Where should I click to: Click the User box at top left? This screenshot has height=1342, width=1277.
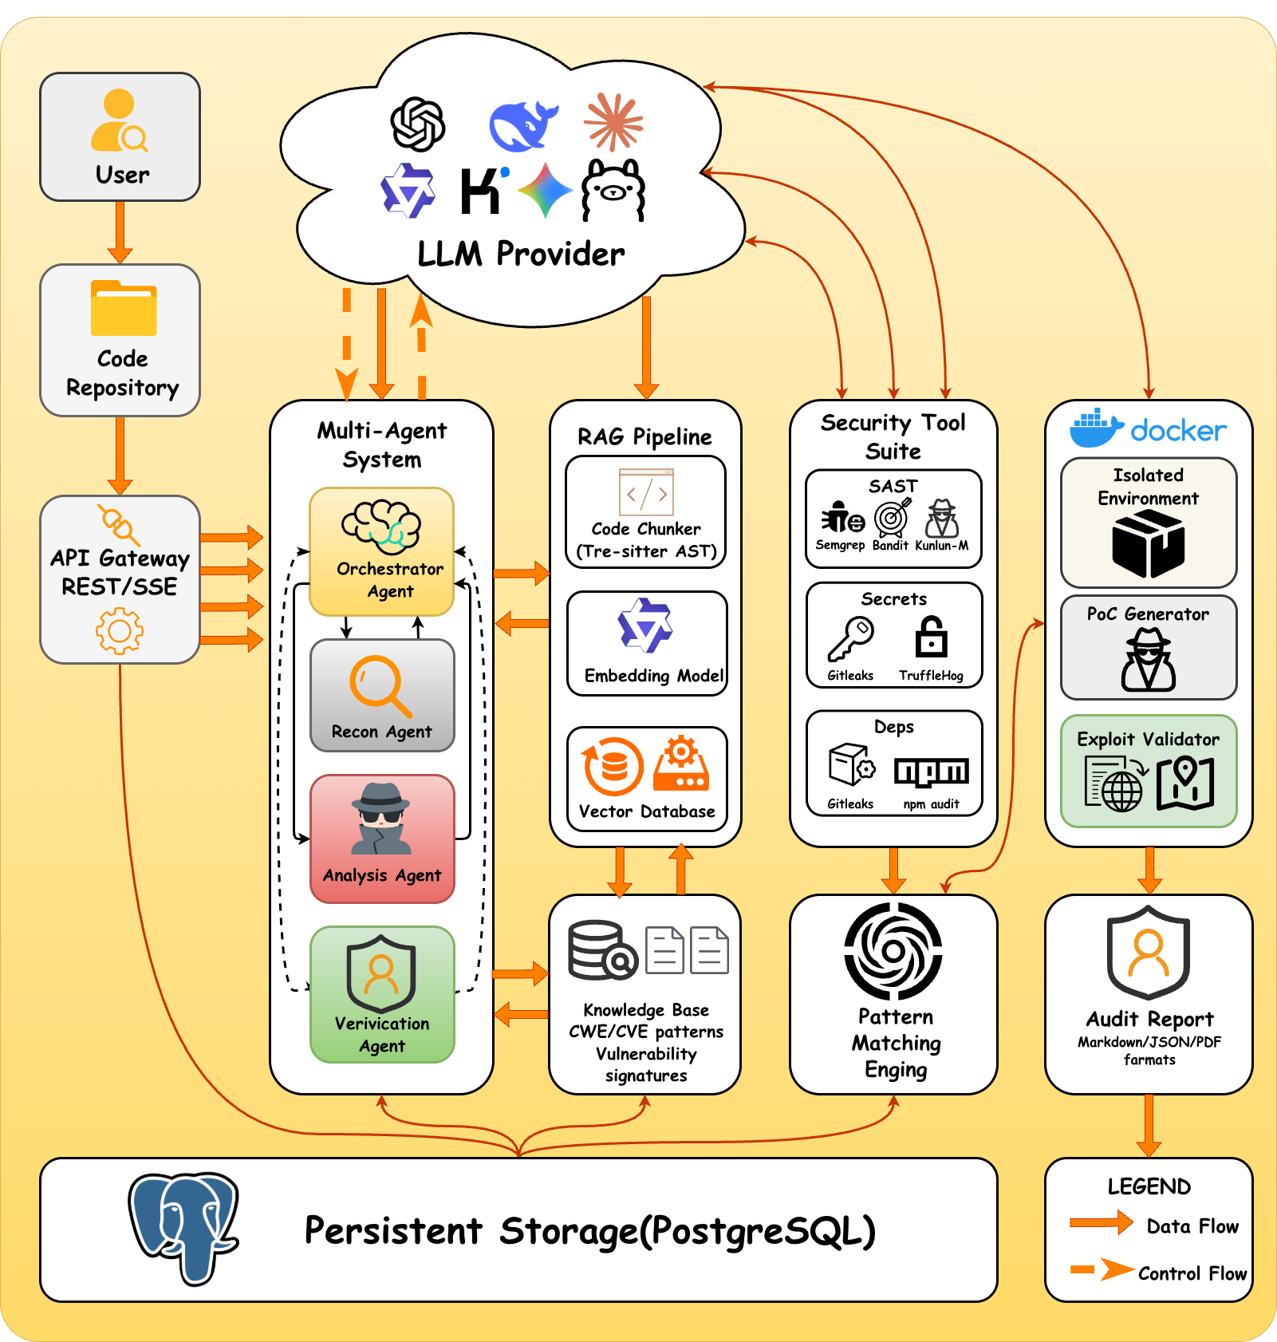pos(120,136)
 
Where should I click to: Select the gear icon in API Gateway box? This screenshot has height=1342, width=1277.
pos(120,630)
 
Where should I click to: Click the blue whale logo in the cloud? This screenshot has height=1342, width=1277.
pos(522,125)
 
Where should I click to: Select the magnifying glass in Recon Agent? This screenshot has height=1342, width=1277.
pos(380,685)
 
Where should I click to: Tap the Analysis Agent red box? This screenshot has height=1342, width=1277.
pos(382,839)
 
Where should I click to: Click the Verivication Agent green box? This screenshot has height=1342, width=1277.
pos(382,994)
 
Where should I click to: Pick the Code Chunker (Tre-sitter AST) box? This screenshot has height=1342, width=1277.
pos(645,511)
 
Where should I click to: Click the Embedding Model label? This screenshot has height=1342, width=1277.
pos(654,676)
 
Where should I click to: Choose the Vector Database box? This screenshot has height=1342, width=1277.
pos(647,779)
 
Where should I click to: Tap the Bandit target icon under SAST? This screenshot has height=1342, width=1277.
pos(892,518)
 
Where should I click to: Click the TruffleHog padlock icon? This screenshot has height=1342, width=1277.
pos(931,637)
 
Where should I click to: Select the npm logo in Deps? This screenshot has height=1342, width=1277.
pos(931,772)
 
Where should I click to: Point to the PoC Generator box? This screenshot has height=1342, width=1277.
pos(1149,647)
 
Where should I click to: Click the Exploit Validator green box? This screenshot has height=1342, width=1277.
pos(1149,771)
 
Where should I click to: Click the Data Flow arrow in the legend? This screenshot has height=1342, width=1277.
pos(1101,1222)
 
